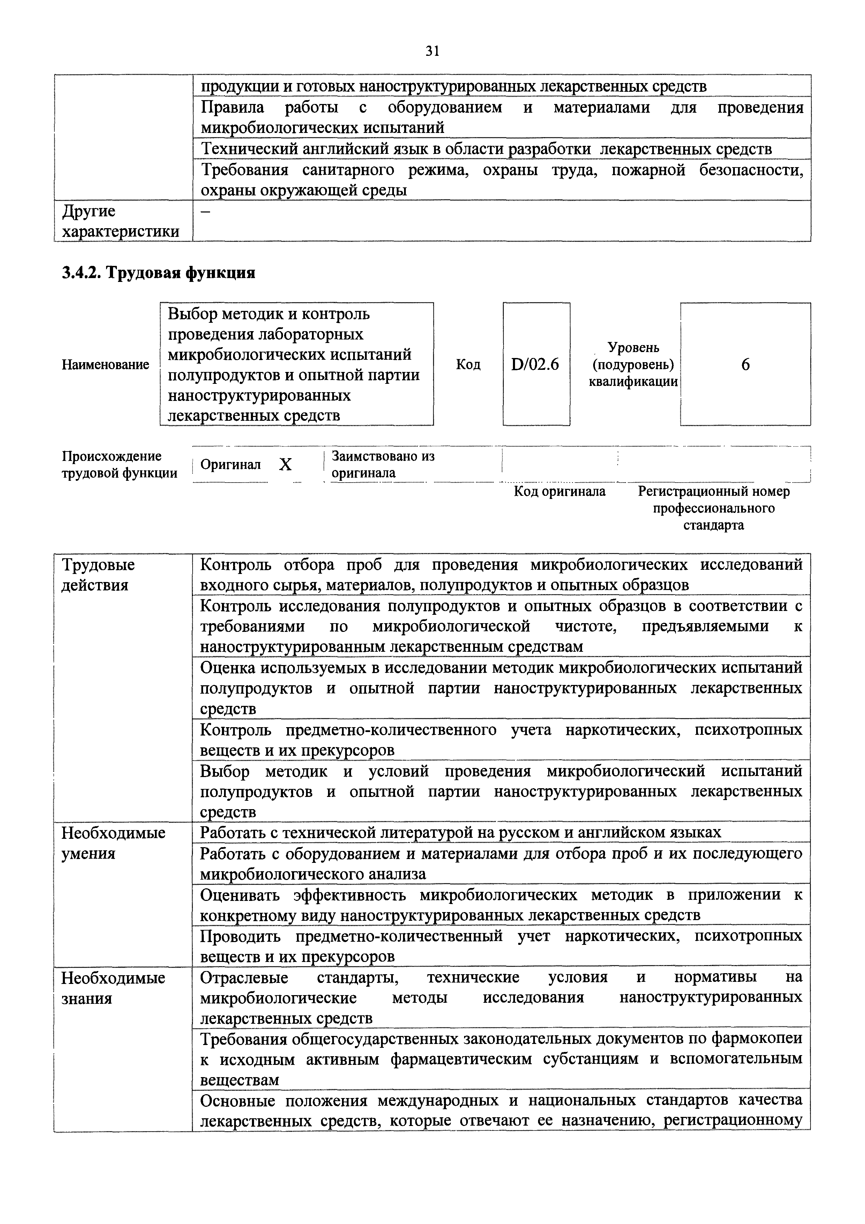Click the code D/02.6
tap(535, 365)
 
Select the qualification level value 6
tap(745, 365)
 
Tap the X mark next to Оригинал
tap(286, 465)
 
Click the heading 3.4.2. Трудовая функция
tap(159, 273)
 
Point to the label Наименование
tap(105, 365)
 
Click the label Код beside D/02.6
tap(468, 365)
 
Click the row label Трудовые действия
tap(98, 575)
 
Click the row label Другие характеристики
tap(120, 221)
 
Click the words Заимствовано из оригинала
tap(383, 464)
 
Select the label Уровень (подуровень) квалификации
tap(633, 365)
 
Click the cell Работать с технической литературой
tap(461, 832)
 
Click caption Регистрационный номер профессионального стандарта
tap(714, 508)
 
